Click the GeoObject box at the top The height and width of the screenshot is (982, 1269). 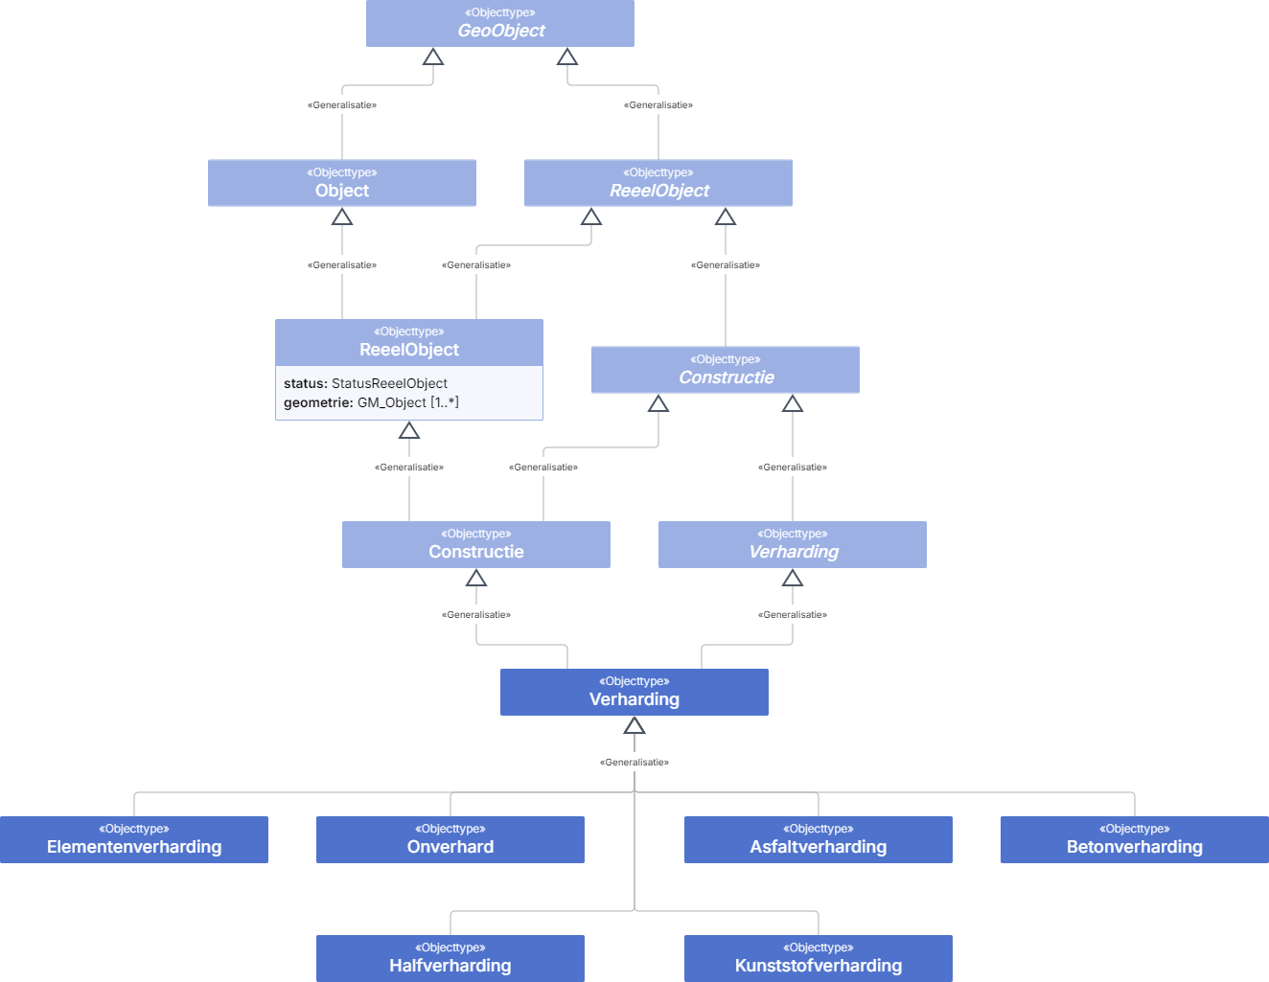click(x=500, y=23)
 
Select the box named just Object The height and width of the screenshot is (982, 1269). click(x=341, y=183)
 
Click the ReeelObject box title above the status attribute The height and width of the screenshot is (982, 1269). click(x=409, y=343)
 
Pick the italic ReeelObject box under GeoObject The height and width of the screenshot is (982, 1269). click(x=658, y=183)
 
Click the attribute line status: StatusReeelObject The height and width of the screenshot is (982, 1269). click(x=365, y=383)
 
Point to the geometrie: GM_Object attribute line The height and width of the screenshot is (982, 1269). click(x=372, y=402)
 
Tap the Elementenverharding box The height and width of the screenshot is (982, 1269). click(x=134, y=839)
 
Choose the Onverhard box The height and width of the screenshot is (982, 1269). click(x=450, y=839)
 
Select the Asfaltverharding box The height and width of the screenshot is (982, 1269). click(x=819, y=839)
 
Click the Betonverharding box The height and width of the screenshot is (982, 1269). click(x=1135, y=839)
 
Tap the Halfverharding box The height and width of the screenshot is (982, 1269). click(x=450, y=959)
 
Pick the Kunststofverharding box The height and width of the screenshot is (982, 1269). click(x=819, y=959)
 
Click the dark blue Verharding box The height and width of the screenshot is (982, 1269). click(x=634, y=692)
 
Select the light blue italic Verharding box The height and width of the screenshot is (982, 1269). click(x=793, y=544)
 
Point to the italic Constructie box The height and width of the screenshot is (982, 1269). click(x=726, y=370)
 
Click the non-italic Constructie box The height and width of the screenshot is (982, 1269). click(x=476, y=544)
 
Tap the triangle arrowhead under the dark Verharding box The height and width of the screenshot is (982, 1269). click(x=634, y=725)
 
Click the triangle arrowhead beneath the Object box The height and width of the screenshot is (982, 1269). click(x=341, y=217)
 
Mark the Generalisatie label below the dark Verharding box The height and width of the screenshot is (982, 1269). click(x=634, y=762)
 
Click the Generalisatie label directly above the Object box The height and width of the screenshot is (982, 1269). click(x=341, y=105)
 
